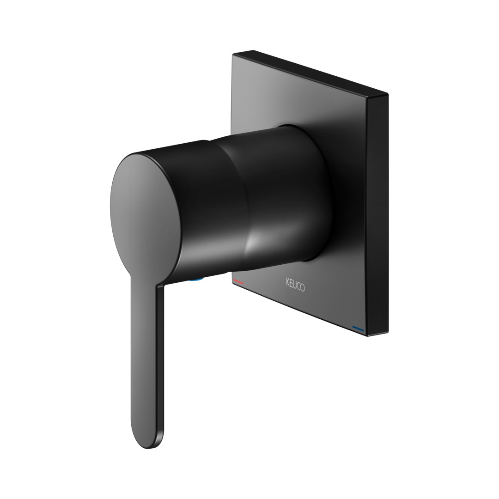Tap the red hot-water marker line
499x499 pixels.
point(238,282)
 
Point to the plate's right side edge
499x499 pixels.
point(378,215)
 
